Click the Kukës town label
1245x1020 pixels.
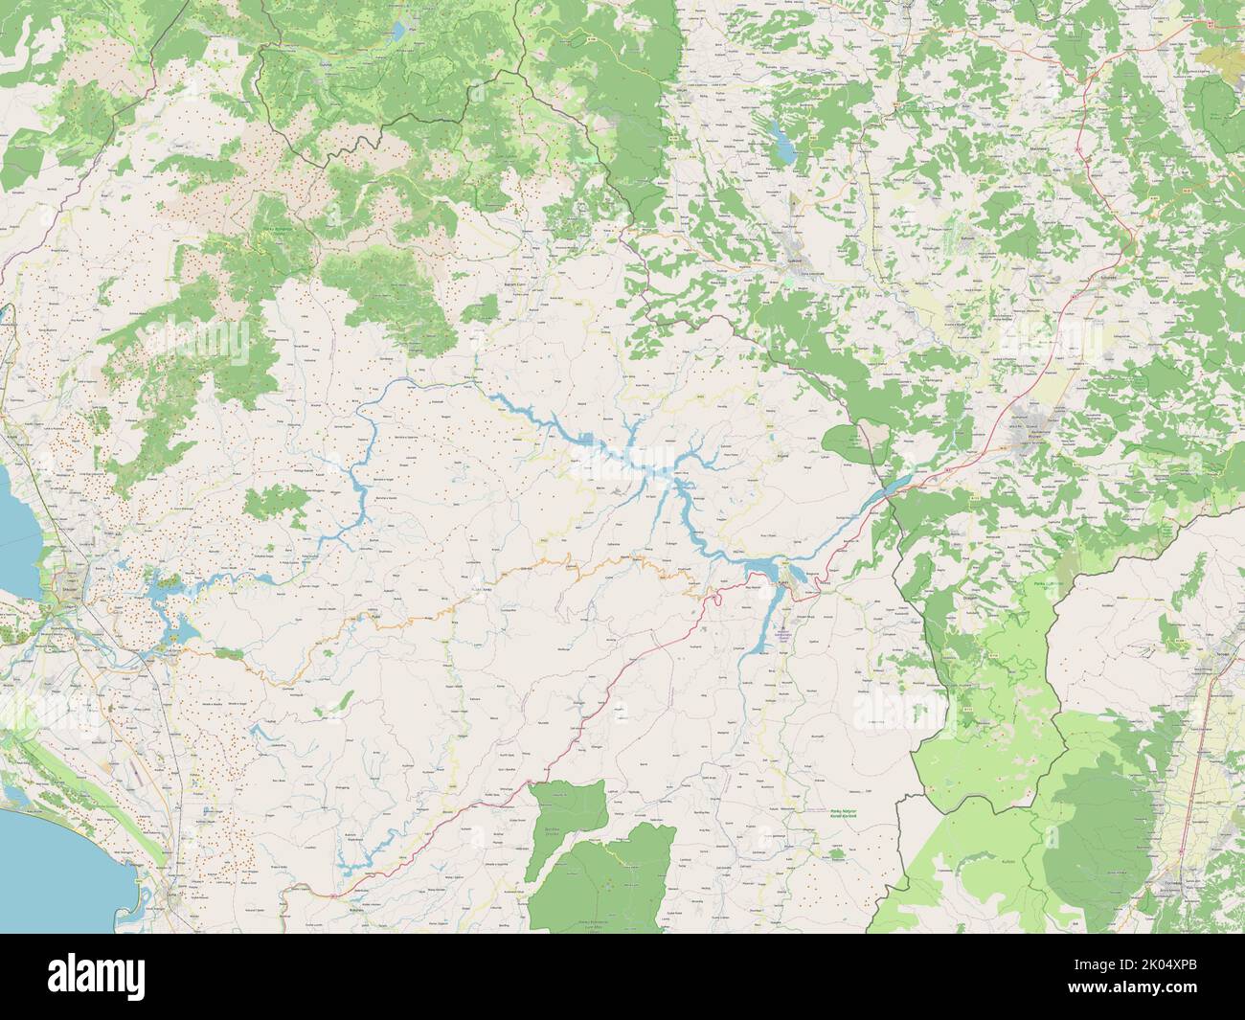click(783, 580)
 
